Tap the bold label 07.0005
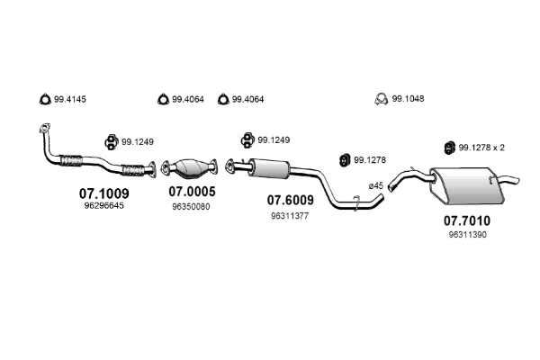pyautogui.click(x=191, y=193)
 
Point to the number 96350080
pyautogui.click(x=191, y=206)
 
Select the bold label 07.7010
pyautogui.click(x=468, y=219)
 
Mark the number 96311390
pyautogui.click(x=468, y=234)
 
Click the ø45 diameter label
pyautogui.click(x=376, y=185)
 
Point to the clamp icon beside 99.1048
pyautogui.click(x=382, y=99)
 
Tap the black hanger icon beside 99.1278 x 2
pyautogui.click(x=447, y=148)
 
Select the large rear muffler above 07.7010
pyautogui.click(x=466, y=185)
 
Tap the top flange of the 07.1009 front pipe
pyautogui.click(x=42, y=129)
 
